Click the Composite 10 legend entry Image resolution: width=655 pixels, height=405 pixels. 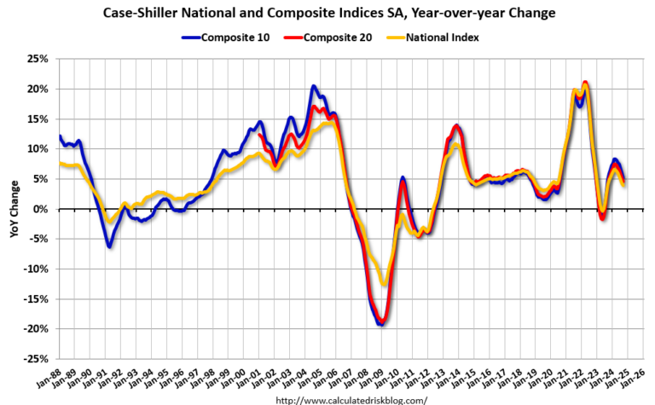point(224,37)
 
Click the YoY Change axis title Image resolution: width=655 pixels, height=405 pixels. point(14,210)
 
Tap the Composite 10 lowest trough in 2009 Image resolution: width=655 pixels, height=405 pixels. point(380,324)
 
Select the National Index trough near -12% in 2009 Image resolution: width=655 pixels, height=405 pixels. point(385,285)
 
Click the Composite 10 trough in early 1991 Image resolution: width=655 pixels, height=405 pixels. point(109,246)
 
